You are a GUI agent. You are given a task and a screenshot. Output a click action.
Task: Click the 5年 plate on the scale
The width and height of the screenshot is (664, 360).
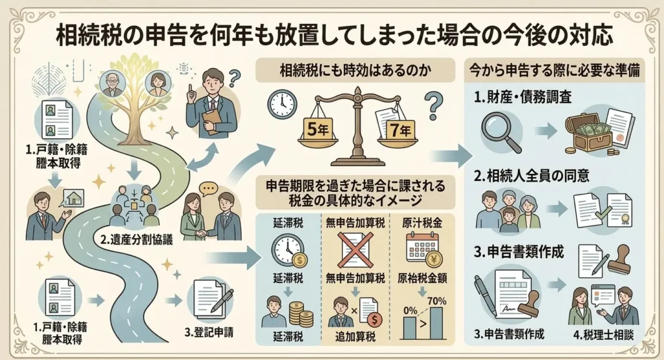tap(318, 128)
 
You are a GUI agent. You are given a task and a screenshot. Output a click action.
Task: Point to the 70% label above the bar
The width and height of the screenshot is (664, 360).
tap(436, 301)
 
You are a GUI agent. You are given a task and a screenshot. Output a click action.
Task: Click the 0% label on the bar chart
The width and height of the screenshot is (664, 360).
tap(410, 311)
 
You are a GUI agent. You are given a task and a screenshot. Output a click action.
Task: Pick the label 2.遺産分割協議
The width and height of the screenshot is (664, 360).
tap(136, 240)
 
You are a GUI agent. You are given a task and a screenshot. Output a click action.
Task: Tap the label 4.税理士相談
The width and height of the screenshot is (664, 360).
tap(604, 335)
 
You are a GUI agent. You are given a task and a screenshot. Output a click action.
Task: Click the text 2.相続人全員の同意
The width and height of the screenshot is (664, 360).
tap(532, 176)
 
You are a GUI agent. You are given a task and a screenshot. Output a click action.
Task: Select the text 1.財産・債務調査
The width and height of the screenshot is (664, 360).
tap(523, 97)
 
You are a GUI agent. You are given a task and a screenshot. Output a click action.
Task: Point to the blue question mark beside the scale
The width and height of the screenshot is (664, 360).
tap(433, 107)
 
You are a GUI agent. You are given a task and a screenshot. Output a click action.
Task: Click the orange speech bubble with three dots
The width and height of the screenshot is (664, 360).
tap(208, 188)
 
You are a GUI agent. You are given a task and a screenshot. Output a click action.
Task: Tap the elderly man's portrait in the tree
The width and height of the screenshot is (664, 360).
tap(113, 83)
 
